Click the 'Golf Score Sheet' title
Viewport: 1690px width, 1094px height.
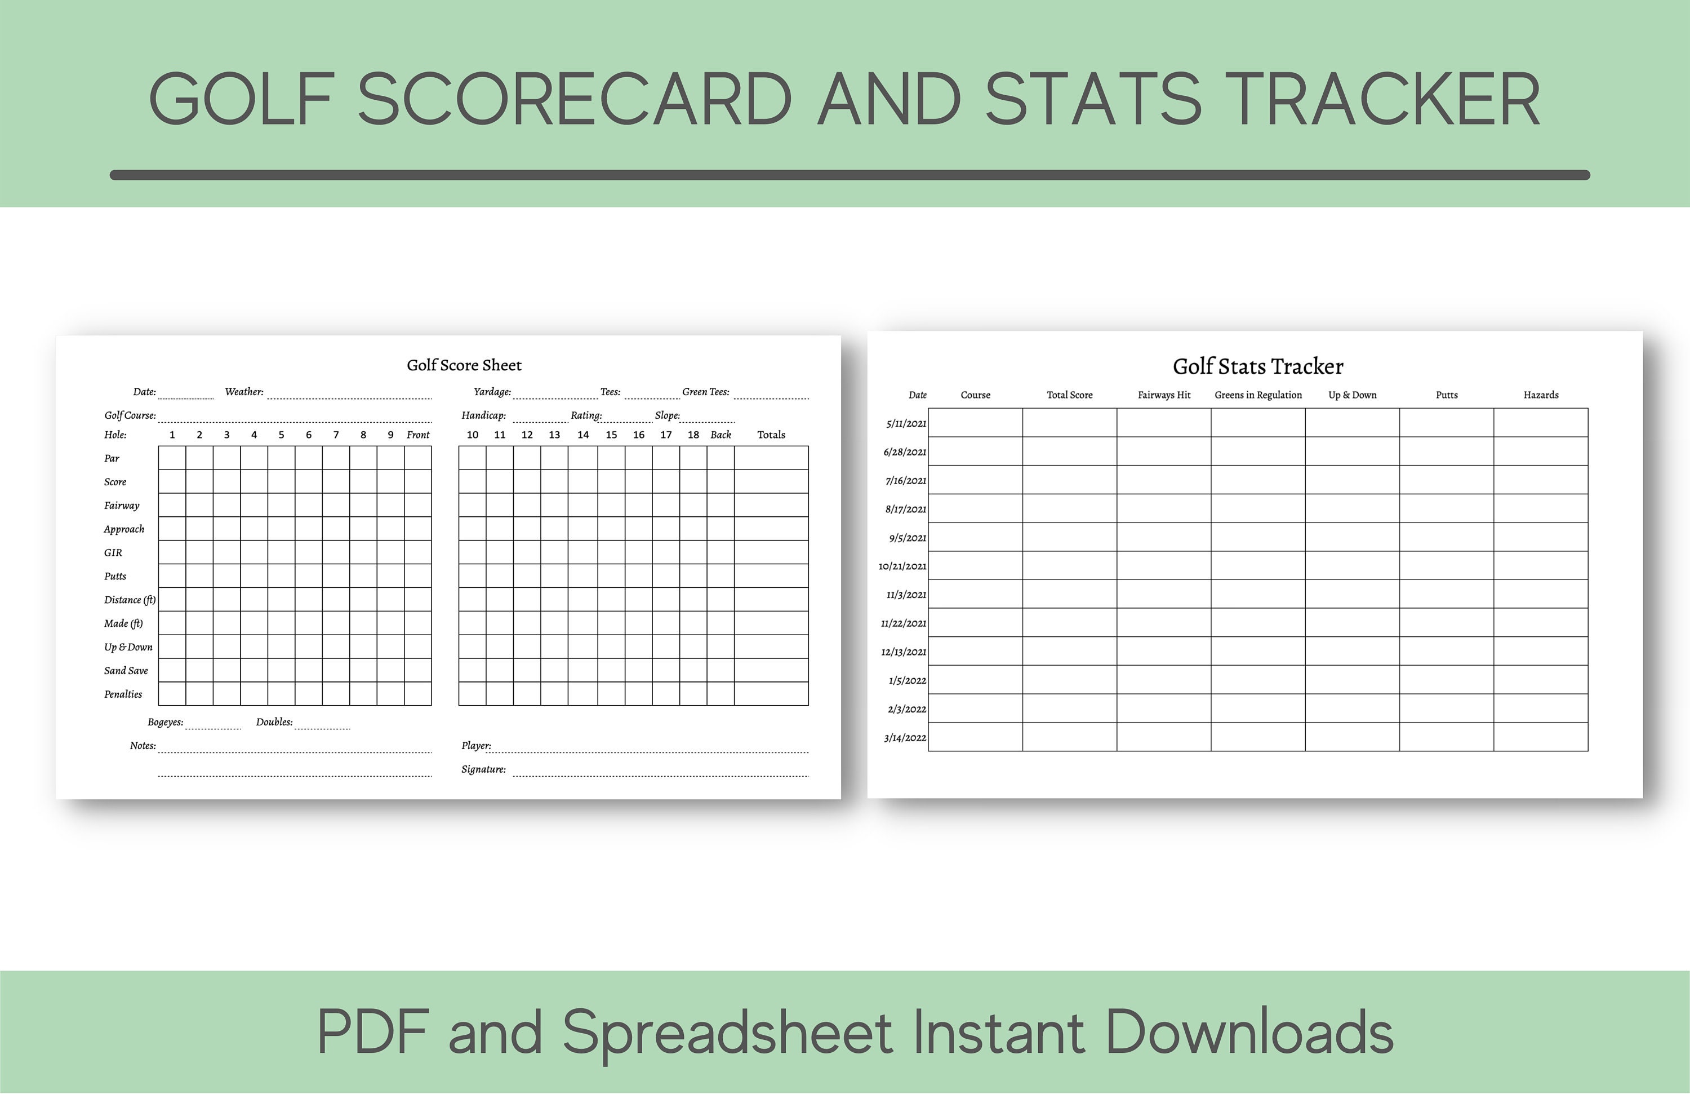pos(464,365)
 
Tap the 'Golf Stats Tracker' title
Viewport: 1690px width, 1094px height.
pos(1257,366)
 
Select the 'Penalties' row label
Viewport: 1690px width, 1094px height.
pos(123,694)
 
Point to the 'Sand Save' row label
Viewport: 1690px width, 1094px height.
pos(126,671)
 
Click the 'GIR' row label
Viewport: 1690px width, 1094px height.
pos(113,553)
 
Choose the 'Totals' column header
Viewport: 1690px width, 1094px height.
pos(771,435)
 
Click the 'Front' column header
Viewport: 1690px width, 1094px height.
pos(417,435)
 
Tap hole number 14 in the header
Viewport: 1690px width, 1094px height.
pos(583,435)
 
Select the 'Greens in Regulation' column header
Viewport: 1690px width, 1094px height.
pos(1257,395)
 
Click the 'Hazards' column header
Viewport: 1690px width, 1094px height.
pos(1541,395)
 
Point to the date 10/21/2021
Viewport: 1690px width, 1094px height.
pos(902,566)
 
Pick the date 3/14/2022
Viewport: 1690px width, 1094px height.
pos(905,737)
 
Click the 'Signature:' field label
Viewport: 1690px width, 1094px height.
pos(483,769)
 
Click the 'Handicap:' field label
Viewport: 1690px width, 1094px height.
pos(483,415)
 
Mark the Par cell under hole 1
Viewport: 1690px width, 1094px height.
pos(172,458)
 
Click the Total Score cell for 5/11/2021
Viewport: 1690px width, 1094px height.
pos(1069,423)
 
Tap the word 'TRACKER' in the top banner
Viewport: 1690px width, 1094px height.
pos(1382,99)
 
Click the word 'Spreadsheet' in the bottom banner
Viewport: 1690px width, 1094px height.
pos(727,1033)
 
